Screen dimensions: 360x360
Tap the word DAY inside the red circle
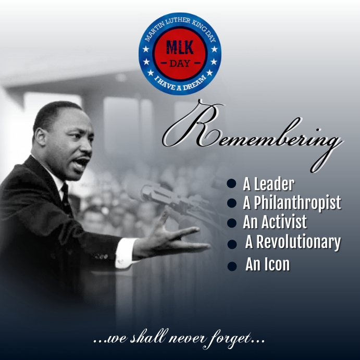(x=180, y=64)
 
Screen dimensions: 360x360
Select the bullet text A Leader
(x=268, y=184)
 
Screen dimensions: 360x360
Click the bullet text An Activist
(x=275, y=222)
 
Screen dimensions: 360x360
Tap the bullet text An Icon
(x=267, y=264)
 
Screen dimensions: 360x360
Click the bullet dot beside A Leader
(x=232, y=184)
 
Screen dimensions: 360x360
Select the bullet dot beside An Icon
(x=232, y=267)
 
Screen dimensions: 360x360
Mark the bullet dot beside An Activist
(x=232, y=224)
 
